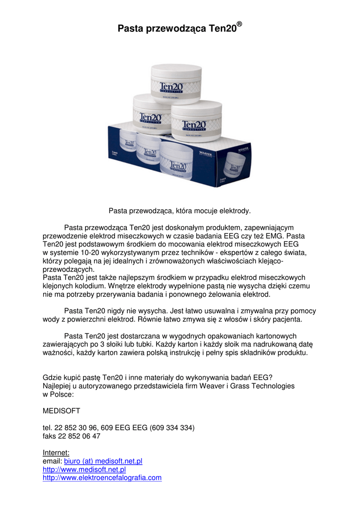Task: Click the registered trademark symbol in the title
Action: pyautogui.click(x=239, y=24)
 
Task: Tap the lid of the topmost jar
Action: pyautogui.click(x=176, y=71)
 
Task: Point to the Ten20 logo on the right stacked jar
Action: pyautogui.click(x=194, y=124)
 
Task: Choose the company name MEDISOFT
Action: pyautogui.click(x=61, y=411)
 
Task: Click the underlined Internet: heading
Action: pyautogui.click(x=56, y=452)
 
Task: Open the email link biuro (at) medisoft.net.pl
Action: pyautogui.click(x=103, y=461)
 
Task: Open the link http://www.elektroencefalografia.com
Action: pyautogui.click(x=102, y=478)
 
